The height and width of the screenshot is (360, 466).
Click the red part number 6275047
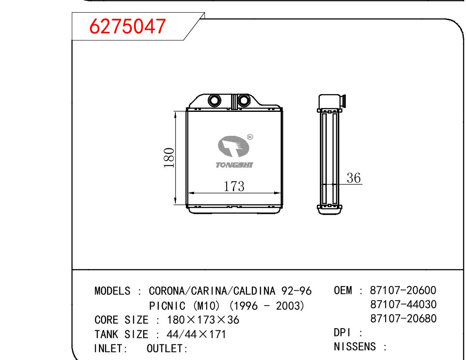(127, 26)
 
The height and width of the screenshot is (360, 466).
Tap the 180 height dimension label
(169, 158)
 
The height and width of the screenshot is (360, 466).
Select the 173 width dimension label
(234, 186)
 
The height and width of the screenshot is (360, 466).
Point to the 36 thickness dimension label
(354, 178)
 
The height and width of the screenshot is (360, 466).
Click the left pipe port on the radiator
(214, 101)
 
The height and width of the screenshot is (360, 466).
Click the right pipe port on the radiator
(245, 101)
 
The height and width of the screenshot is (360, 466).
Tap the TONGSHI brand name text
(234, 165)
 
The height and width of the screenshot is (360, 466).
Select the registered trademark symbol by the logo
(250, 137)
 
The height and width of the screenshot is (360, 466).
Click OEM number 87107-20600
(403, 290)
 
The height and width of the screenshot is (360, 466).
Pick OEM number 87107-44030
(403, 304)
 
